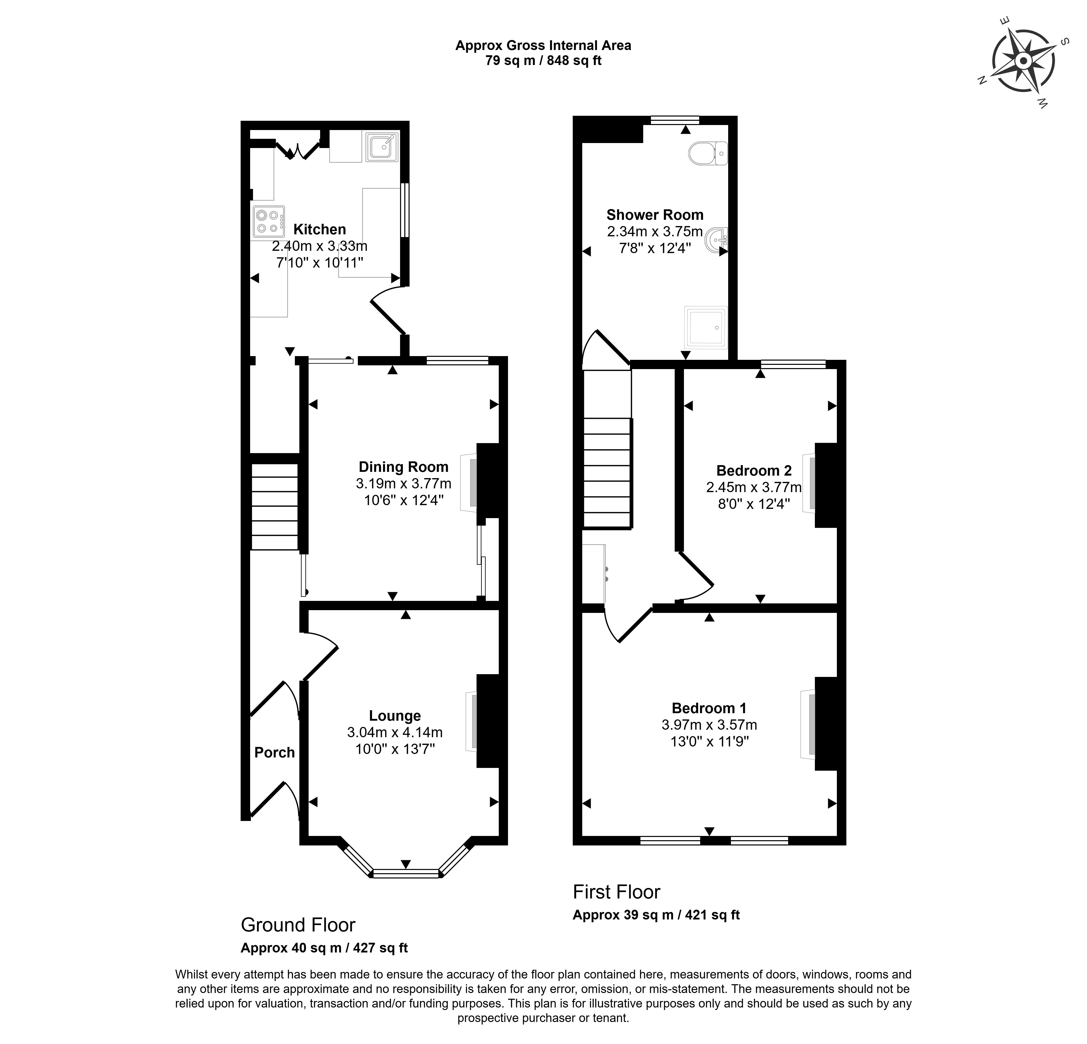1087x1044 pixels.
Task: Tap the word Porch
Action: [275, 753]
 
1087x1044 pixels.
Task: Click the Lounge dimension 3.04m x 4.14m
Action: [395, 733]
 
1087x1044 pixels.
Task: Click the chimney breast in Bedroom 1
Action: [826, 724]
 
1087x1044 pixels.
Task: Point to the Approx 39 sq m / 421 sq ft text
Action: [656, 915]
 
